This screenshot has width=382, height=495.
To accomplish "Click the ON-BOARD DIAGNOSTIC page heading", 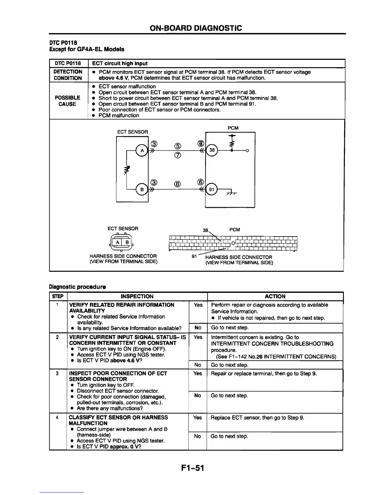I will click(x=196, y=28).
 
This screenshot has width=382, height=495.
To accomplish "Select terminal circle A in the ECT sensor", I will click(x=142, y=151).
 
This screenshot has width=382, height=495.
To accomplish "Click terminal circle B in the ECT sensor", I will click(x=142, y=189).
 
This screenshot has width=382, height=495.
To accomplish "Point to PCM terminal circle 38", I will click(x=212, y=150).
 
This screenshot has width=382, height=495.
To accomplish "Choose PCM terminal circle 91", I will click(x=212, y=189).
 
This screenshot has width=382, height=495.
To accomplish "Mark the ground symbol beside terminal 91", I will click(x=231, y=193).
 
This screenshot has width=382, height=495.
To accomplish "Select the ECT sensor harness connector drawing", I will click(x=122, y=242).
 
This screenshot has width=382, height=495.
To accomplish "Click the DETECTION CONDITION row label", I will click(x=68, y=75).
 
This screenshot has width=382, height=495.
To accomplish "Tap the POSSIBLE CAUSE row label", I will click(x=67, y=101).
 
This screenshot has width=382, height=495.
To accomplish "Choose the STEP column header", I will click(x=58, y=296).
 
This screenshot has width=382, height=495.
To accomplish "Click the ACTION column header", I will click(x=275, y=296).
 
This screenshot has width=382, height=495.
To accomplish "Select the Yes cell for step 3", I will click(x=198, y=373).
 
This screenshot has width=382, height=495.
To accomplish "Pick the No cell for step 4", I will click(x=197, y=436).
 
